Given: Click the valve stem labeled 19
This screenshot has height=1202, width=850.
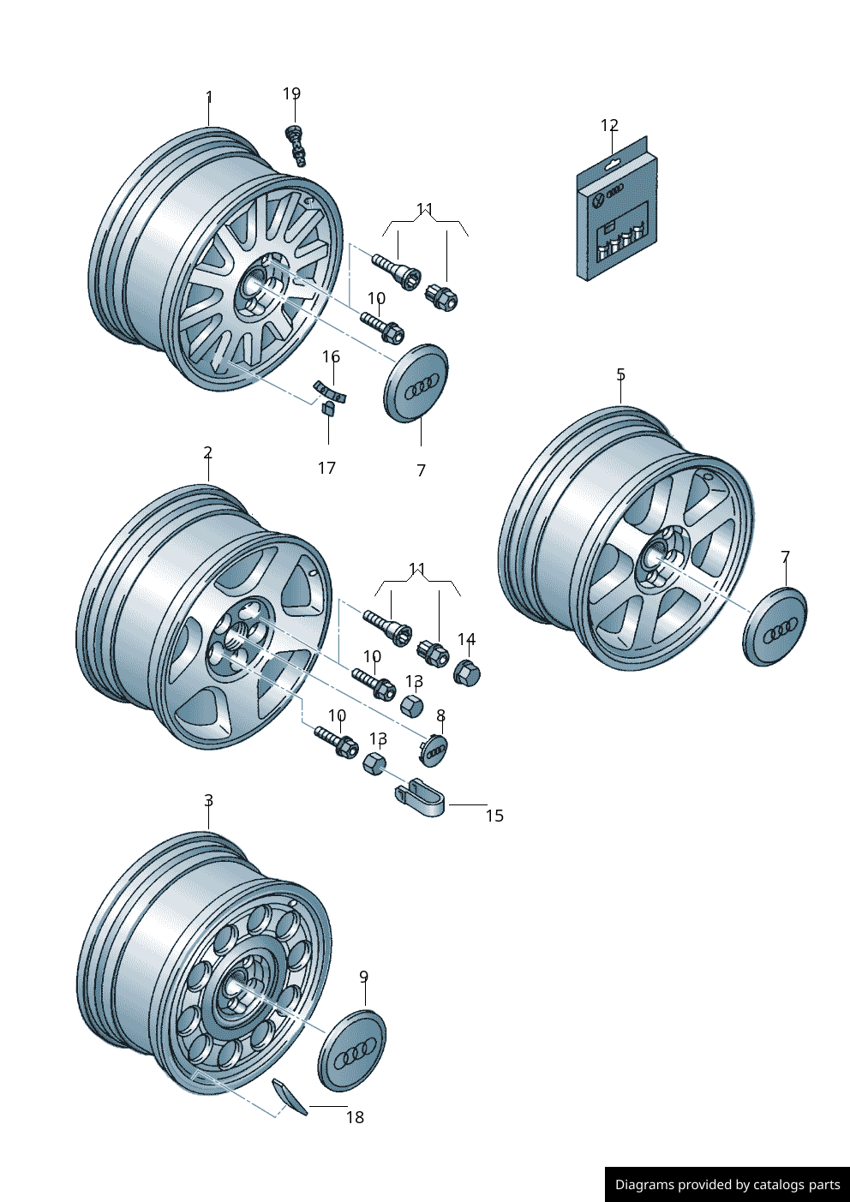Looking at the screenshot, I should pos(296,144).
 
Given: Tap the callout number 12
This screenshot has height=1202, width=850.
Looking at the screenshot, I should pos(609,126).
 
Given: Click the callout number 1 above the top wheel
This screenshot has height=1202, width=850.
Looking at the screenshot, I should pos(208,98).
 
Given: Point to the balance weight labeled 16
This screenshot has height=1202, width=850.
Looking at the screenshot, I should pos(330,391).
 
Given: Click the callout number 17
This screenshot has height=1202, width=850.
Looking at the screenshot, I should pos(326,468).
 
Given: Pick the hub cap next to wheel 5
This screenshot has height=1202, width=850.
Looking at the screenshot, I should pos(775,626).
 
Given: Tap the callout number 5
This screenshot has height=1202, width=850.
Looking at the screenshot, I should pos(620,374).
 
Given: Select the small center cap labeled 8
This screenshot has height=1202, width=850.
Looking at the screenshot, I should pos(435,751).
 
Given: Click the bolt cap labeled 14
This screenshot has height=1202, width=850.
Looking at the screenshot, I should pos(467,673).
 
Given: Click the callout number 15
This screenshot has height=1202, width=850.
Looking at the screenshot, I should pos(494,816).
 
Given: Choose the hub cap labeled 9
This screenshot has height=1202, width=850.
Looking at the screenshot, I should pos(352,1050).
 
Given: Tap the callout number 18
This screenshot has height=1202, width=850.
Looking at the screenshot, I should pos(355,1117).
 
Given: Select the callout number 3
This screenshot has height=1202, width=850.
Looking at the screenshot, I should pos(208,800).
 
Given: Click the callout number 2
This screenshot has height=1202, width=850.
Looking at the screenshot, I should pos(207,451).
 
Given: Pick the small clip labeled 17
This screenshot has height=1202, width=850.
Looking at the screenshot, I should pos(327,409).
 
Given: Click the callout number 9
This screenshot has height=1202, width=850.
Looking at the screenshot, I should pos(363,977).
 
